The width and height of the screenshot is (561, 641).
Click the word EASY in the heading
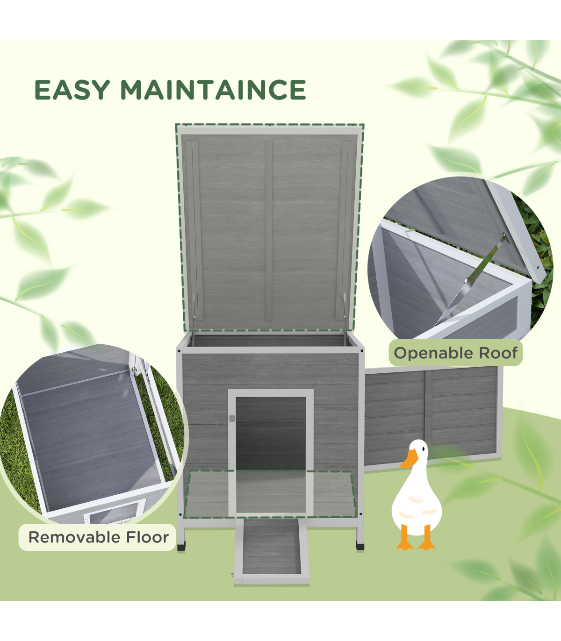72,90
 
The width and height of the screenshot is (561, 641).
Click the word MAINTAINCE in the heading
214,90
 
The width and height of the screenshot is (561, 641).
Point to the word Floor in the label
147,537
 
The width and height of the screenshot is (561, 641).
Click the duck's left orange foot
405,546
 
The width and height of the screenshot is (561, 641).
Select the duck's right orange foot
426,546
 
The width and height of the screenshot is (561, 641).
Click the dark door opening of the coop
271,434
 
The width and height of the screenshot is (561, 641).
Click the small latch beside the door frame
231,419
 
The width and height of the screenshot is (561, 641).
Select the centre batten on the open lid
269,230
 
